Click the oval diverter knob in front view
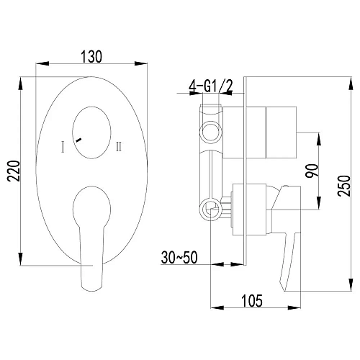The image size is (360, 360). [92, 130]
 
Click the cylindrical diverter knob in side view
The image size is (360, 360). [281, 133]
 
